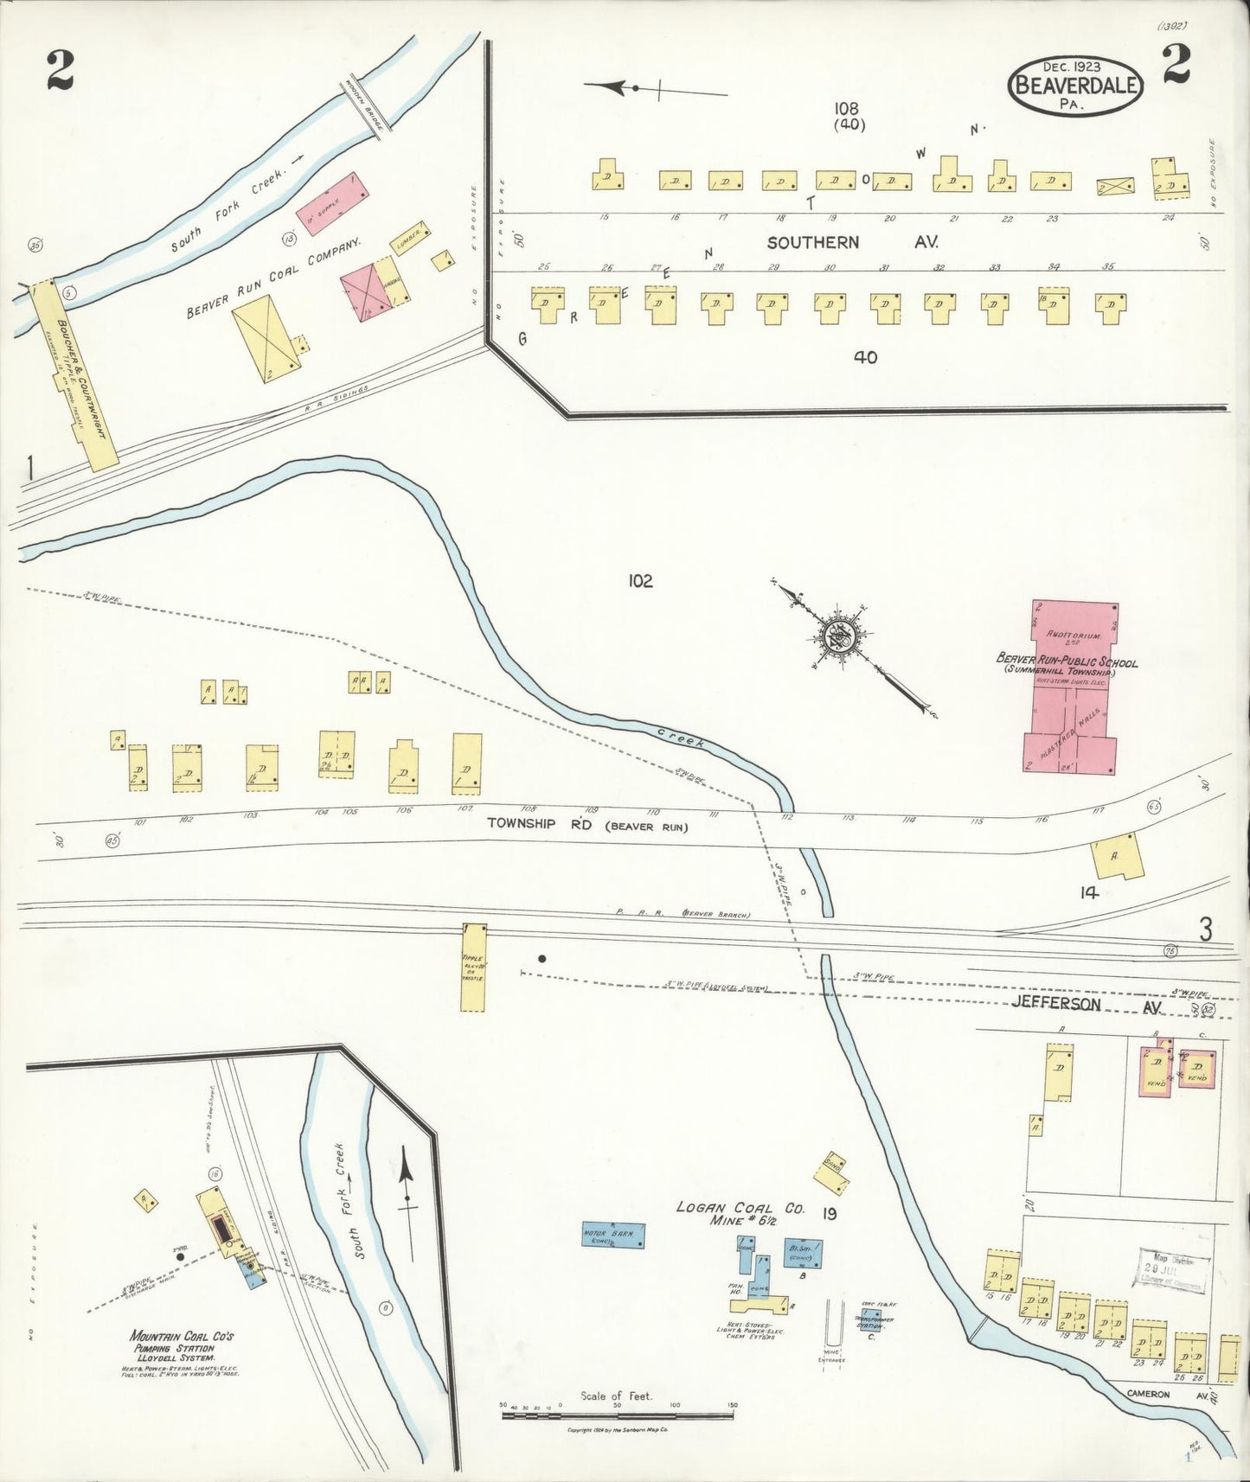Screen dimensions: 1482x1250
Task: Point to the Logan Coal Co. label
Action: tap(740, 1208)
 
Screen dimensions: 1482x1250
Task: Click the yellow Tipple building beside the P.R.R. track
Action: tap(473, 967)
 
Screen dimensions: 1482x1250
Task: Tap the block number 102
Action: tap(640, 581)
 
